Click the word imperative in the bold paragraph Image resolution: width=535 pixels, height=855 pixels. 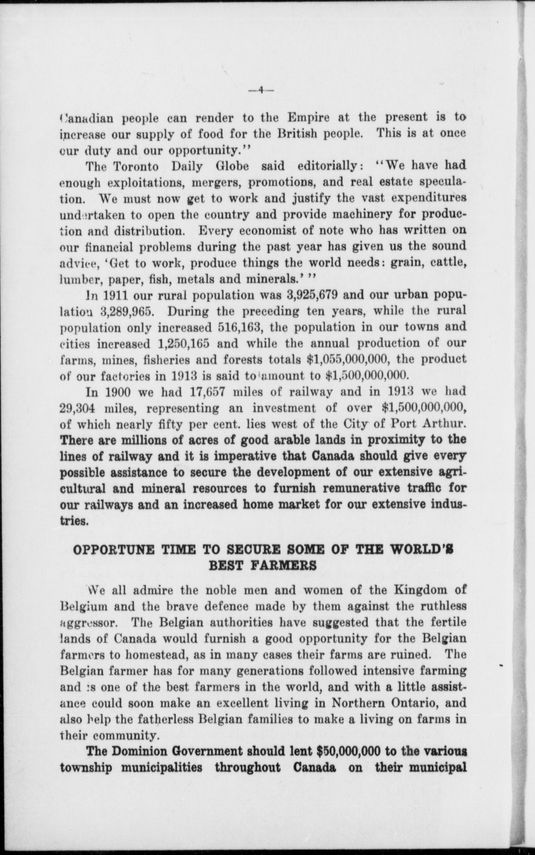(240, 456)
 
